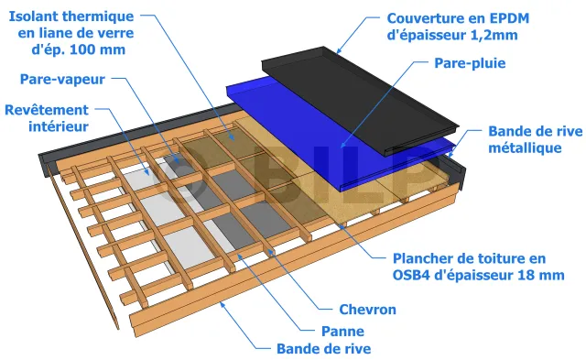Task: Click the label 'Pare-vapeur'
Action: pyautogui.click(x=62, y=80)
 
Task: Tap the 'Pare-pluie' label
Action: pyautogui.click(x=470, y=63)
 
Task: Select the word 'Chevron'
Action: pyautogui.click(x=367, y=310)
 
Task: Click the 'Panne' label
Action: pyautogui.click(x=342, y=332)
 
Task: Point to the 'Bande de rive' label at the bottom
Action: pyautogui.click(x=323, y=349)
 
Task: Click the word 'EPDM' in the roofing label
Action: pyautogui.click(x=510, y=18)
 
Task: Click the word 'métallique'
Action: pyautogui.click(x=525, y=148)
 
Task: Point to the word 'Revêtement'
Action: pyautogui.click(x=47, y=110)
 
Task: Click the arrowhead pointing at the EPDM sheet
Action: pyautogui.click(x=339, y=50)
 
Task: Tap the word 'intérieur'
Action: pyautogui.click(x=59, y=126)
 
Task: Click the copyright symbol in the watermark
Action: pyautogui.click(x=179, y=176)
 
